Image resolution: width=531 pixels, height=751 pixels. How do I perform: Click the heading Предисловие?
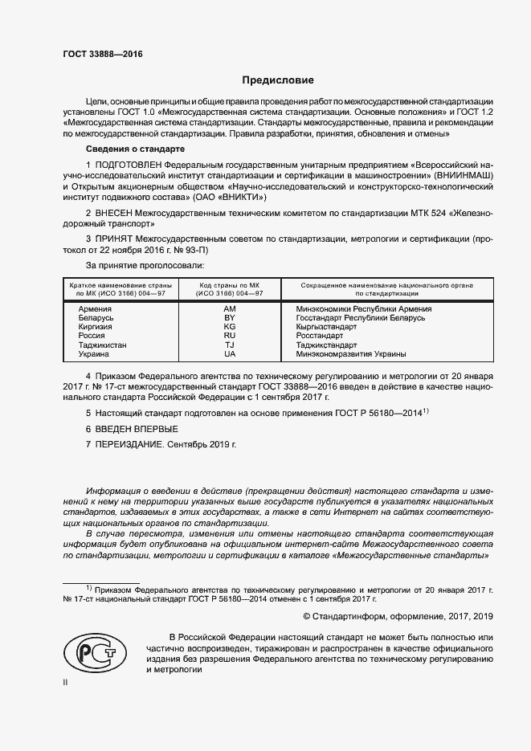pyautogui.click(x=278, y=80)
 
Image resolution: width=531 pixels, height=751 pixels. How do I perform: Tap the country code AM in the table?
pyautogui.click(x=230, y=308)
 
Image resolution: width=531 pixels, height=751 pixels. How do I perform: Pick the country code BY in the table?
pyautogui.click(x=230, y=318)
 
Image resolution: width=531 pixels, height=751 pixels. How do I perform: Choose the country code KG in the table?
pyautogui.click(x=230, y=327)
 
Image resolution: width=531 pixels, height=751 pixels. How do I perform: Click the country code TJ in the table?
pyautogui.click(x=230, y=345)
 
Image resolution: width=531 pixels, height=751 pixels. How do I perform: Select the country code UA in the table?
pyautogui.click(x=230, y=354)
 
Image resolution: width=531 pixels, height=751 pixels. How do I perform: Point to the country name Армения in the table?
pyautogui.click(x=96, y=308)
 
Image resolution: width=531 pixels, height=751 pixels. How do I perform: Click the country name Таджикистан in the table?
pyautogui.click(x=103, y=345)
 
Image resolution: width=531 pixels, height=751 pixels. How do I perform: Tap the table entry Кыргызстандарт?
pyautogui.click(x=328, y=327)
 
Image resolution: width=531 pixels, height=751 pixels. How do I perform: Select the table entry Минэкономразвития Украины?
pyautogui.click(x=351, y=354)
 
